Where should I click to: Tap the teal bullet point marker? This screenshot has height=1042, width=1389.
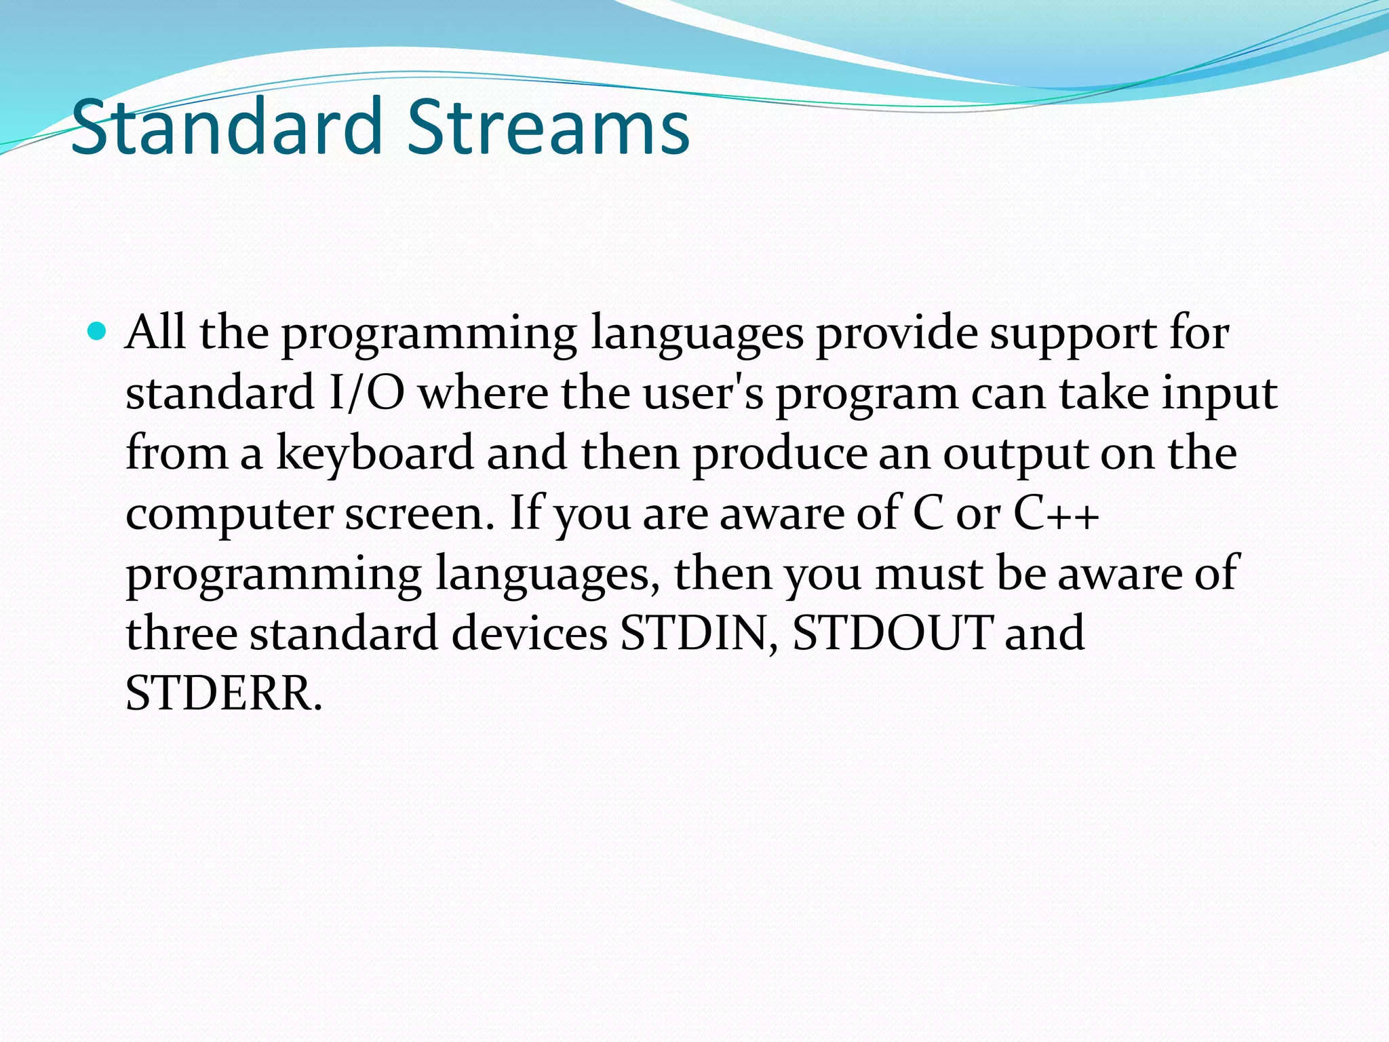click(98, 332)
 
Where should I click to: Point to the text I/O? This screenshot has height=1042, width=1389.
click(366, 393)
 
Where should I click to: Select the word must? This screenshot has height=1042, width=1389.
click(928, 573)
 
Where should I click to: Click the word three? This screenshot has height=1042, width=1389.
click(181, 633)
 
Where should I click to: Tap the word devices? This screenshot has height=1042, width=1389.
click(529, 633)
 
